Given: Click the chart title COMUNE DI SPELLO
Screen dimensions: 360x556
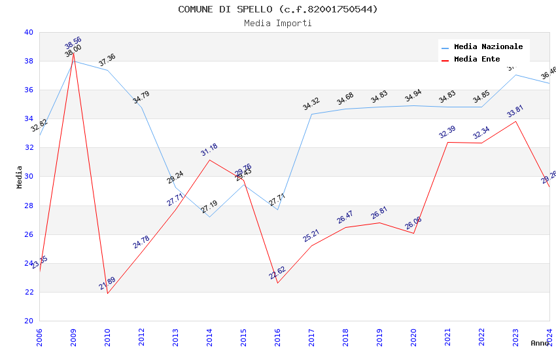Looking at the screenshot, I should (278, 9).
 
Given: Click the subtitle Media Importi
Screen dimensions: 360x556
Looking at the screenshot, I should (278, 23).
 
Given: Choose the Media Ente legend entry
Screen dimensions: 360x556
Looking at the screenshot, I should (477, 59).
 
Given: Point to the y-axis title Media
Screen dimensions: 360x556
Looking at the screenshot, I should (20, 176).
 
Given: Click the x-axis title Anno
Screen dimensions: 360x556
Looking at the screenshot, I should (540, 343).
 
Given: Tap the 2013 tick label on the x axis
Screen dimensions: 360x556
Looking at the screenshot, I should (175, 334).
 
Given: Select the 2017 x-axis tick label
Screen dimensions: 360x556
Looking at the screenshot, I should (311, 334).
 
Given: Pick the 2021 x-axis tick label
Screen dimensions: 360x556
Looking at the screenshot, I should (447, 334).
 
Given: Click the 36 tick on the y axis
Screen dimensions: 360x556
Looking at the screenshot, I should (28, 90).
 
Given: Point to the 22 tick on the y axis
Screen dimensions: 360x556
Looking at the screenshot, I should (28, 292).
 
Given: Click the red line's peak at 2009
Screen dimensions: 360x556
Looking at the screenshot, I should (73, 53).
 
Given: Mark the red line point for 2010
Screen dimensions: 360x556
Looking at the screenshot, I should (107, 293).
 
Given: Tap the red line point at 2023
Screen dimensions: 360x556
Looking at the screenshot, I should (515, 121).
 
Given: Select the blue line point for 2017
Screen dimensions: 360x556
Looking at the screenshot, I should (311, 114).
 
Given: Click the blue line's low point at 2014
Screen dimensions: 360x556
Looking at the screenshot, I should (209, 217).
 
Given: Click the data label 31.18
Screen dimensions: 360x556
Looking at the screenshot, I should (209, 150).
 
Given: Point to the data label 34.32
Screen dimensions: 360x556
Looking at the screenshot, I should (311, 103).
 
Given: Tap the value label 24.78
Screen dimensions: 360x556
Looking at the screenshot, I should (141, 242).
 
